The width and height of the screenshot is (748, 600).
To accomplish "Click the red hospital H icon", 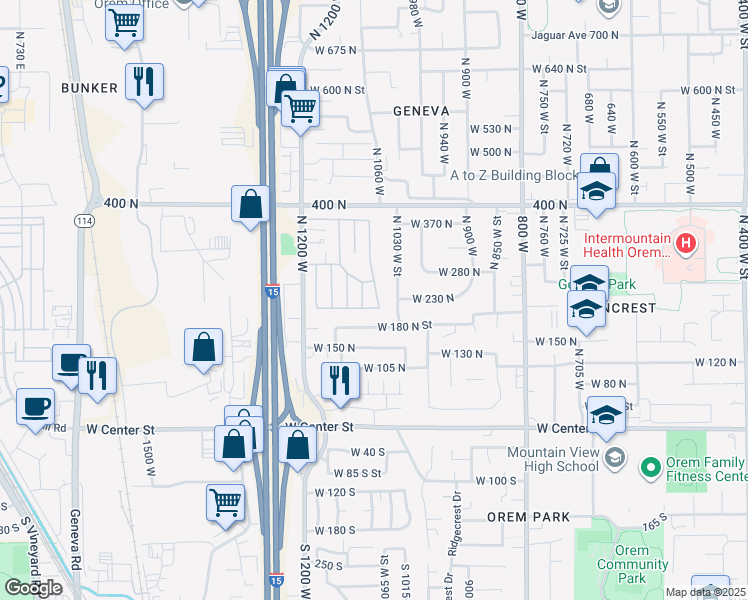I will pyautogui.click(x=686, y=242).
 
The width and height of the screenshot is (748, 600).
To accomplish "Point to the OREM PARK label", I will pyautogui.click(x=528, y=517).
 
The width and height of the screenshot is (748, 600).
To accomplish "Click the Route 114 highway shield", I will pyautogui.click(x=84, y=220).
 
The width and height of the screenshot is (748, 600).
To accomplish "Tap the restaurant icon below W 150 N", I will pyautogui.click(x=340, y=380).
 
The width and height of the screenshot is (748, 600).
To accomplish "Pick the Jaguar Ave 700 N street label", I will pyautogui.click(x=577, y=35).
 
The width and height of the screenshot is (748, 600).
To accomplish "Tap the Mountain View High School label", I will pyautogui.click(x=552, y=459).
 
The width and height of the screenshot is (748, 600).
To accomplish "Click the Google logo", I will pyautogui.click(x=32, y=588).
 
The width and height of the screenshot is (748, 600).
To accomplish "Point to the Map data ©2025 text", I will pyautogui.click(x=705, y=592).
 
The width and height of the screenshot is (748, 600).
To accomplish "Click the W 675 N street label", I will pyautogui.click(x=334, y=50).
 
